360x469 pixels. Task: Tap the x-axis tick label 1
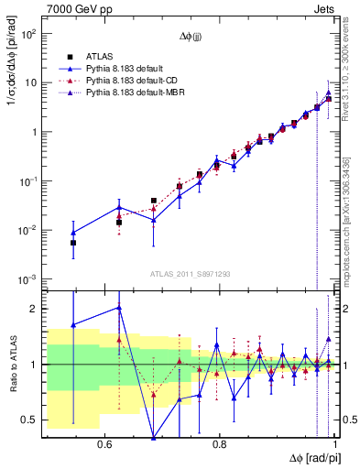pos(336,443)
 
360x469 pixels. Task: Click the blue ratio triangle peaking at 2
pos(119,308)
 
